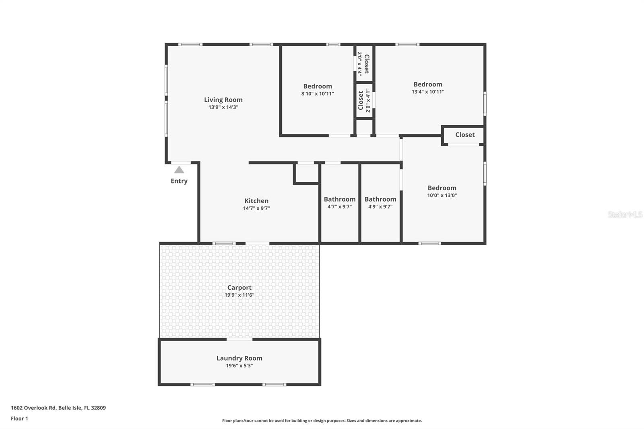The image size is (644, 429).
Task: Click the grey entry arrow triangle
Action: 179,170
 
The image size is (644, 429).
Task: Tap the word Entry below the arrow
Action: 179,181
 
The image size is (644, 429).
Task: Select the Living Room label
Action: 223,100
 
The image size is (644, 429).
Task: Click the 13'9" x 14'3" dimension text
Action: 223,107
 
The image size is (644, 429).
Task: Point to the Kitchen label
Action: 256,201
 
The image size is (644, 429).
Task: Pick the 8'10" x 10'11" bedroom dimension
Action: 318,94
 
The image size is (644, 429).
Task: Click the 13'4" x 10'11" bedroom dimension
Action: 428,92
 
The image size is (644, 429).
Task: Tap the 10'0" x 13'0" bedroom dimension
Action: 442,195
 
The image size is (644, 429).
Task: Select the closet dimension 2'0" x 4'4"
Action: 360,64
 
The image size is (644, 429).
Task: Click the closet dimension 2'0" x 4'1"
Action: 368,100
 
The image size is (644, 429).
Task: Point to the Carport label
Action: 239,287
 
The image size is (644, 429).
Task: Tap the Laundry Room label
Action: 239,358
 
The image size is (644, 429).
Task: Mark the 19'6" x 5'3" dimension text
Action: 239,366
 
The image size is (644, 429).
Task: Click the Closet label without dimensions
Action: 465,134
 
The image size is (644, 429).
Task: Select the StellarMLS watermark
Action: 625,214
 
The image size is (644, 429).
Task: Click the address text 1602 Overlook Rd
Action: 33,408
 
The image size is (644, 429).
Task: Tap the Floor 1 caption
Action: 20,419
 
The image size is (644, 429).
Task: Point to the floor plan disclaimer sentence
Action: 322,421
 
